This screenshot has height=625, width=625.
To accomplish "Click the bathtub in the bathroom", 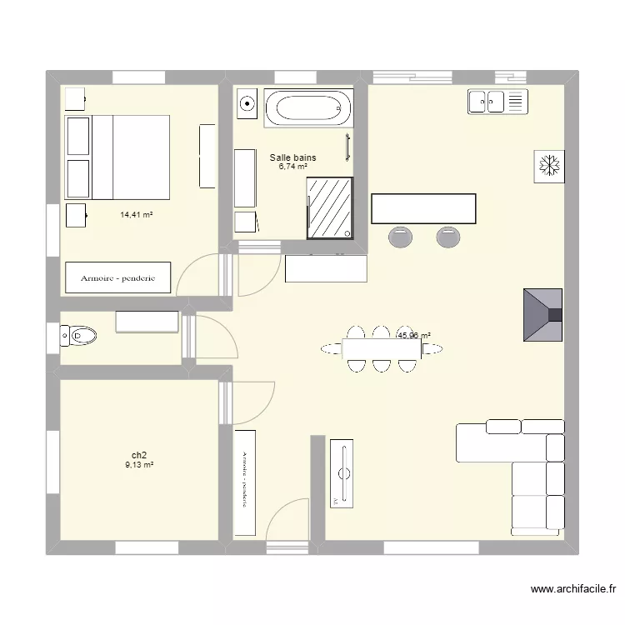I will [x=308, y=107].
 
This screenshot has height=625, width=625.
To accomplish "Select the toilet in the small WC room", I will [x=79, y=337].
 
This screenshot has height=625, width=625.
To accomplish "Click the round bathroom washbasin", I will [x=247, y=104].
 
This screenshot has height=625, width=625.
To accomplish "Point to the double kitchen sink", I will [x=487, y=102].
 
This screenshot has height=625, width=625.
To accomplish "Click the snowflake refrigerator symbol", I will [x=549, y=165].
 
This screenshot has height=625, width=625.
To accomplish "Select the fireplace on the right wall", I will [x=542, y=314].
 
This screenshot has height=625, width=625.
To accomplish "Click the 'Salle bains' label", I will [x=292, y=157].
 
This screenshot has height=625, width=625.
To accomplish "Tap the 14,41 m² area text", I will [x=136, y=215].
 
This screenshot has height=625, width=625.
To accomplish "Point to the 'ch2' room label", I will [x=138, y=455].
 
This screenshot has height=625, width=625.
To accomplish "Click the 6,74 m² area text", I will [x=292, y=167].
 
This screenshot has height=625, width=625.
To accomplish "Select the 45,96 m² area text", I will [x=414, y=336].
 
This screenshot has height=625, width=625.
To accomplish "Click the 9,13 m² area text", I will [x=138, y=465].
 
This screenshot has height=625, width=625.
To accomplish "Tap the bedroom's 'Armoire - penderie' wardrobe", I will [x=117, y=277].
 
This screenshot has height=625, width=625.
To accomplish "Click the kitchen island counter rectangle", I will [x=423, y=208].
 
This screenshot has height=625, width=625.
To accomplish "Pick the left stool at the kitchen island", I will [x=400, y=237].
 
